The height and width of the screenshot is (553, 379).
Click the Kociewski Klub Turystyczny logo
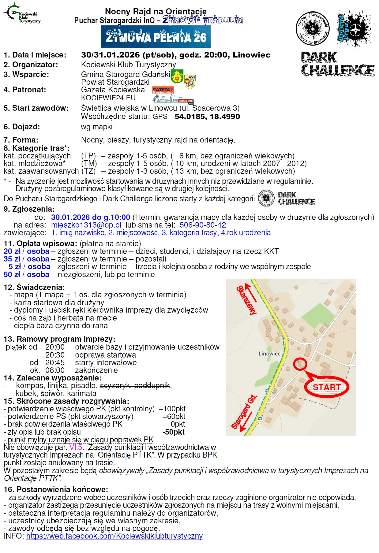click(22, 14)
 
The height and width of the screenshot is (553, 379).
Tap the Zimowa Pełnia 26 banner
click(156, 37)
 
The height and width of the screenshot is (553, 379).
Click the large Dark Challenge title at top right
click(337, 64)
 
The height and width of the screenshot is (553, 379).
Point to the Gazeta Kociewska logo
click(163, 90)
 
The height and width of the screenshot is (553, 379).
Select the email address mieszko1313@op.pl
click(86, 225)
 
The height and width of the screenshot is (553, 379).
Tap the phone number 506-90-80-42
click(203, 225)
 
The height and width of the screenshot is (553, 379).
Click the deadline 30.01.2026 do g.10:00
click(90, 217)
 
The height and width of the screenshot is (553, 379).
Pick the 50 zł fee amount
click(12, 275)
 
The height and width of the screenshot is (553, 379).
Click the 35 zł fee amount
click(12, 259)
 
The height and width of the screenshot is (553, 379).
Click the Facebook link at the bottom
click(114, 536)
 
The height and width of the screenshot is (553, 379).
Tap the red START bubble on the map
click(326, 387)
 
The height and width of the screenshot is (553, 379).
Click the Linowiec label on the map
click(269, 354)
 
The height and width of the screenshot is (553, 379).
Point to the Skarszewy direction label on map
click(246, 299)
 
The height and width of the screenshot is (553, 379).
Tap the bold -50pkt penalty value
click(173, 432)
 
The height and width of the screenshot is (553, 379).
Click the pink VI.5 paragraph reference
click(76, 447)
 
